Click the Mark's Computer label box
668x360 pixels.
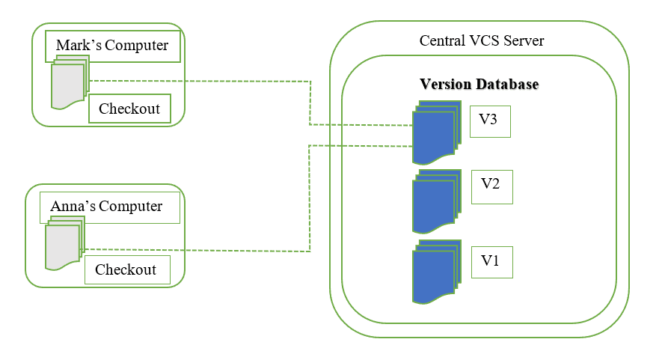tap(112, 46)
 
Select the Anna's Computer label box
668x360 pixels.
tap(110, 207)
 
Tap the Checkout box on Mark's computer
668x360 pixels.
tap(129, 109)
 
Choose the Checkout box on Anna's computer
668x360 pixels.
tap(126, 269)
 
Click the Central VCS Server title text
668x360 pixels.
tap(482, 40)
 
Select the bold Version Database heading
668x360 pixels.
tap(479, 84)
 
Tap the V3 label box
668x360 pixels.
tap(490, 121)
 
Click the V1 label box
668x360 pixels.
tap(491, 260)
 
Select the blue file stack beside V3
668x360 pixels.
tap(435, 132)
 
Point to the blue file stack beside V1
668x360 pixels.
tap(435, 272)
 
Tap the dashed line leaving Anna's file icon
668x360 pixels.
tap(194, 251)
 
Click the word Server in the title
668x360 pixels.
tap(524, 40)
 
